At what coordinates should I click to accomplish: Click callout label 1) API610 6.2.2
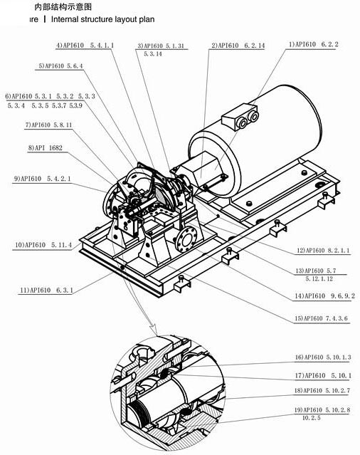(x=314, y=44)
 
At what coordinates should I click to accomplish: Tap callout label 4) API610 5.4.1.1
(x=85, y=46)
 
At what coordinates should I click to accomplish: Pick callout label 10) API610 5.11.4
(x=43, y=244)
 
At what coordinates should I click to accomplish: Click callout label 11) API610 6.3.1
(x=46, y=290)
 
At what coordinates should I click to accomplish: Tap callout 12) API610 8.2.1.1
(x=324, y=251)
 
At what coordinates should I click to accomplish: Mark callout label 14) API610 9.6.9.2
(x=324, y=296)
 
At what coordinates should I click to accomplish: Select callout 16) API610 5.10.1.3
(x=323, y=357)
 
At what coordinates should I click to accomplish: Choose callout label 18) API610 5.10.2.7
(x=323, y=391)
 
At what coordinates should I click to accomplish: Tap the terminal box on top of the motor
(x=239, y=119)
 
